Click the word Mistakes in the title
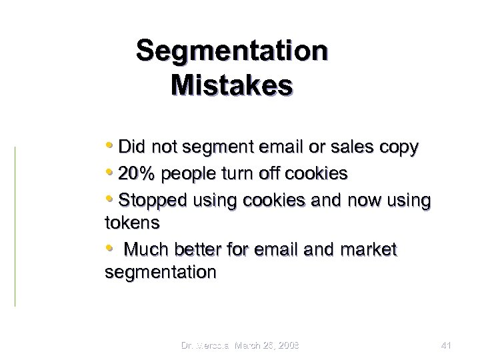231,86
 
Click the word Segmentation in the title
231,51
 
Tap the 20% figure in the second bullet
136,174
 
